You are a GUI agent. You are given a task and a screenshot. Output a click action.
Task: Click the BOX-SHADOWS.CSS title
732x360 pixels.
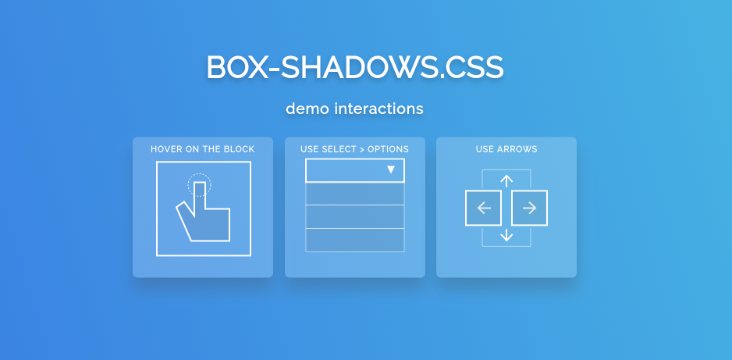(355, 67)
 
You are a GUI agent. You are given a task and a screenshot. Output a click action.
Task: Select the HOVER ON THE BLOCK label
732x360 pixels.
(203, 149)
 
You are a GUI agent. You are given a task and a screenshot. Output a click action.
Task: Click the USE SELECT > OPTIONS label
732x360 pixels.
(355, 149)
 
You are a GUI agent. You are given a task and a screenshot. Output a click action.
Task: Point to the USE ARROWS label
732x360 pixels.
(506, 149)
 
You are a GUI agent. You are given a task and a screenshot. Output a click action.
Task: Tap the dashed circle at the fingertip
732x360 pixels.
(199, 185)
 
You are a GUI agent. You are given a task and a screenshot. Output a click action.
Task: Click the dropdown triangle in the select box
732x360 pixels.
(391, 170)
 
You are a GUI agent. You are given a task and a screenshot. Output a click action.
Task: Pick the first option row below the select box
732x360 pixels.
(355, 194)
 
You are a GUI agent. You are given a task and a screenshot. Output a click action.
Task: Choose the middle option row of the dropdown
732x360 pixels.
(355, 216)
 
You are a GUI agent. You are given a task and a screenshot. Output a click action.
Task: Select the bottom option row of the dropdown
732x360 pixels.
(355, 240)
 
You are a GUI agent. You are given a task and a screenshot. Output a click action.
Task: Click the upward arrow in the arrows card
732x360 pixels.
(506, 180)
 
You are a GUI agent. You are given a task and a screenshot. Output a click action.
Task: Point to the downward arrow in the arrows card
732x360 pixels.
(506, 235)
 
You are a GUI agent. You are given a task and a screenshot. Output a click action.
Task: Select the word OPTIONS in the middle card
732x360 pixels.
(389, 149)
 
